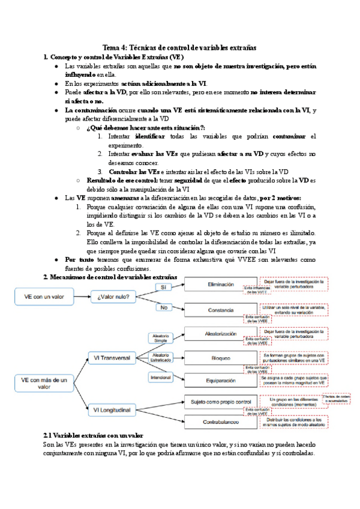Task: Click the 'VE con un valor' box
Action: click(44, 295)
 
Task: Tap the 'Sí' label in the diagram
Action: click(161, 287)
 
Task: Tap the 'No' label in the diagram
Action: click(161, 307)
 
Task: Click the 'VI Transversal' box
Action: click(112, 358)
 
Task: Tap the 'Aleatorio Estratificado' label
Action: click(161, 358)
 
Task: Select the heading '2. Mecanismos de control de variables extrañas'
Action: click(110, 277)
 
